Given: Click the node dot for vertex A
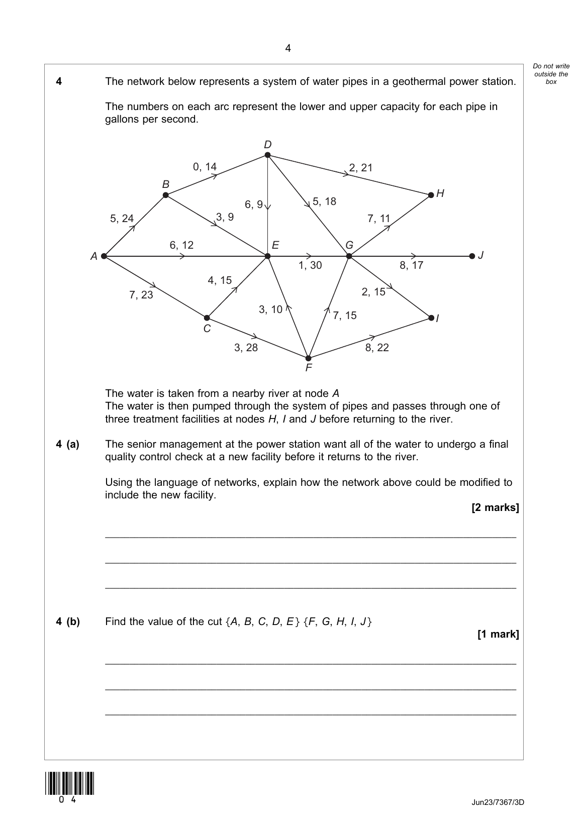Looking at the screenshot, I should tap(104, 256).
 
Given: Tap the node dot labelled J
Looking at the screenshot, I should tap(472, 256).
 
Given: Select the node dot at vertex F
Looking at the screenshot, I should tap(309, 358).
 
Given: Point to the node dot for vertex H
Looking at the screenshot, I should tap(431, 195).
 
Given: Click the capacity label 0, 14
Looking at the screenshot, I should tap(205, 167).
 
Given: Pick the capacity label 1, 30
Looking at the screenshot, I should tap(310, 265).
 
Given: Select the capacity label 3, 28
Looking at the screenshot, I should tap(246, 348).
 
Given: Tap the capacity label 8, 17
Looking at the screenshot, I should tap(412, 265).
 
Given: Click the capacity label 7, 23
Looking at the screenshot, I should tap(141, 295).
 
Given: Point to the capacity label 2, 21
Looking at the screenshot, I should tap(361, 168).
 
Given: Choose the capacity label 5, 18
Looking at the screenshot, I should tap(324, 201).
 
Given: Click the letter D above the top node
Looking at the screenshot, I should tap(268, 145).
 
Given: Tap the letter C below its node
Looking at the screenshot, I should tap(207, 329).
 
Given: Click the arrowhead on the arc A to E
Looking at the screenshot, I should tap(182, 256).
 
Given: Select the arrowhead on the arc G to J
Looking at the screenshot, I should tap(414, 256).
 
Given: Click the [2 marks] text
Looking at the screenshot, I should tap(495, 507).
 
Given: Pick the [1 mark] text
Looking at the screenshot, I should tap(498, 634).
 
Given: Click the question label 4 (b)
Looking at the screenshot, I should tap(68, 622).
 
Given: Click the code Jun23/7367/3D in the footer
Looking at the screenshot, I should tap(498, 802).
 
